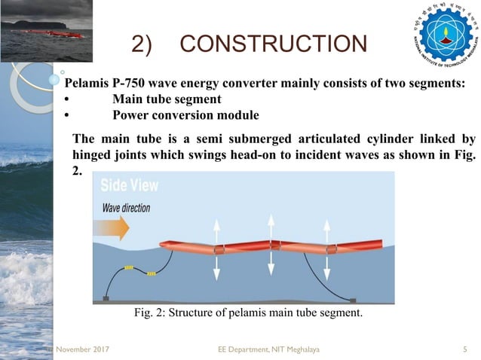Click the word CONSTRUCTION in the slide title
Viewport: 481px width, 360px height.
point(274,44)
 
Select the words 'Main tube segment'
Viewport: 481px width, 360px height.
point(167,99)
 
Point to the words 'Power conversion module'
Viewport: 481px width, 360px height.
point(185,115)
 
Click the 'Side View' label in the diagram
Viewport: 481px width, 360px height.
point(129,185)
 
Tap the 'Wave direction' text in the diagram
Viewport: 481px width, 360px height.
point(125,207)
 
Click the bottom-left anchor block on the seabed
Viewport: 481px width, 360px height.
point(106,299)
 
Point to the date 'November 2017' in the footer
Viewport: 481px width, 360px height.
point(78,349)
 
